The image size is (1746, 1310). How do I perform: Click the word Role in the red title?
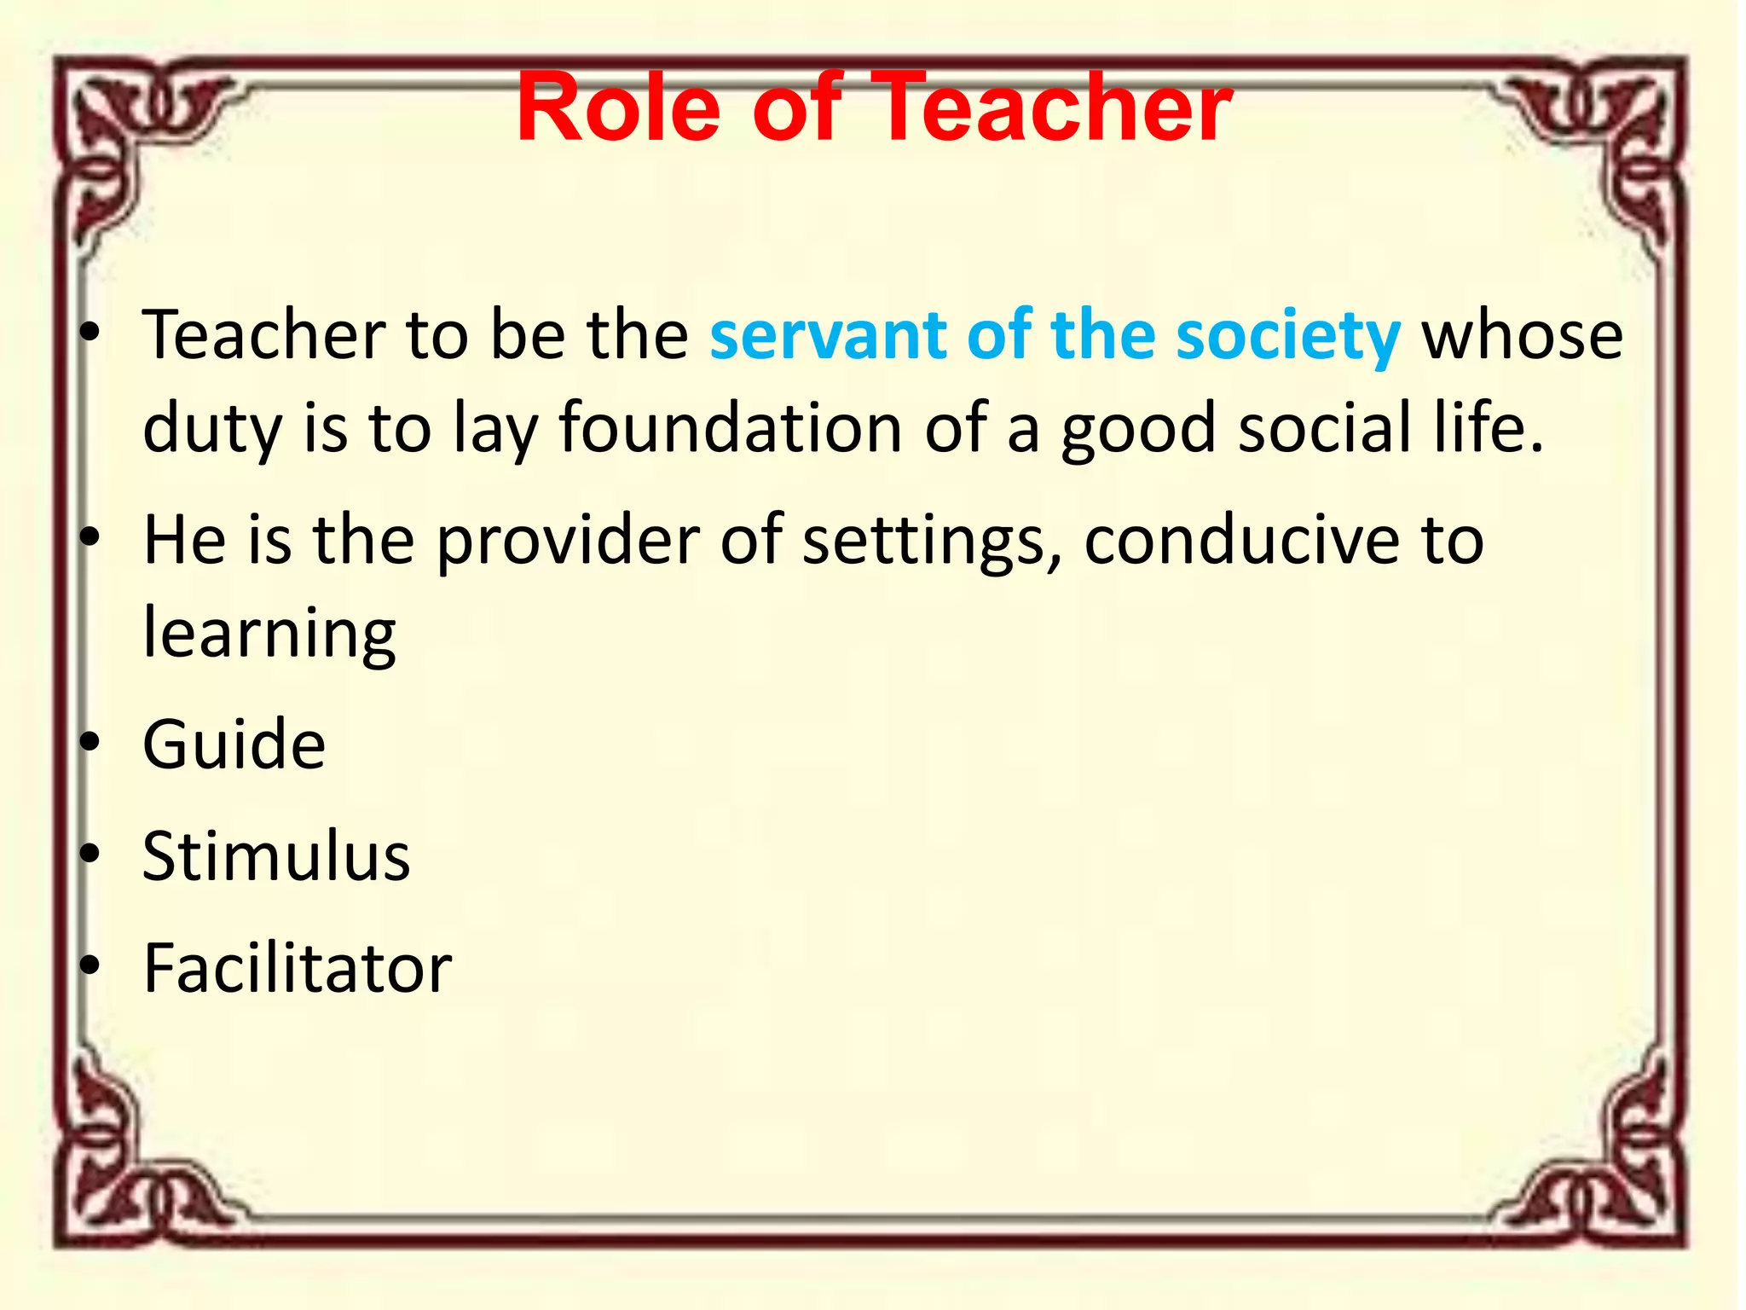click(619, 107)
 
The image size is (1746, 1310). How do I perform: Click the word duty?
click(212, 428)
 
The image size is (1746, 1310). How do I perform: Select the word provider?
click(568, 541)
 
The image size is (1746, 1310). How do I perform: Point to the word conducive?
click(1241, 541)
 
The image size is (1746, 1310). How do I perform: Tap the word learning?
click(269, 635)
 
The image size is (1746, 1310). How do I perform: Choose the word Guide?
click(234, 745)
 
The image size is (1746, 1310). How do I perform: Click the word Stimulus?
click(276, 855)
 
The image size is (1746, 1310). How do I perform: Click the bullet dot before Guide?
click(90, 742)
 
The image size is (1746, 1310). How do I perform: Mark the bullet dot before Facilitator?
click(90, 965)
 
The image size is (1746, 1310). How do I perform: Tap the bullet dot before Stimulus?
click(90, 854)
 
